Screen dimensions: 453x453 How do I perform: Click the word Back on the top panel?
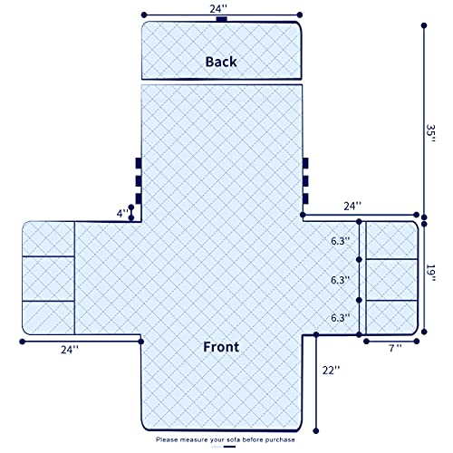coord(221,62)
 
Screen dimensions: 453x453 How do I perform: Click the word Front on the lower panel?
coord(221,347)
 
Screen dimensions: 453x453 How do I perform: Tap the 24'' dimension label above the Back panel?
coord(218,9)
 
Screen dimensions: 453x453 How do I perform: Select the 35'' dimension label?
coord(430,133)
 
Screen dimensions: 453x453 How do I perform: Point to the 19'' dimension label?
coord(430,273)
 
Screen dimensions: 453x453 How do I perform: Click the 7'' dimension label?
coord(395,348)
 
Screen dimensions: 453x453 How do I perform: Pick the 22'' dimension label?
coord(331,371)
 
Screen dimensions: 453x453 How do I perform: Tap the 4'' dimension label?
coord(122,214)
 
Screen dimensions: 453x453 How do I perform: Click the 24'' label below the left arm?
coord(70,350)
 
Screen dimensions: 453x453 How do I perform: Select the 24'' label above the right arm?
coord(352,207)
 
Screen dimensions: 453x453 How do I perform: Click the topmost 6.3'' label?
coord(341,241)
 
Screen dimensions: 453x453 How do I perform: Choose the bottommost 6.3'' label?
coord(341,318)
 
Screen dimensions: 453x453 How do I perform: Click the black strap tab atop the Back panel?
coord(222,19)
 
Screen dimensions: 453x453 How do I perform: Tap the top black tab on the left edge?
coord(139,163)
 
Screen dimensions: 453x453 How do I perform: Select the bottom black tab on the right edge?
coord(305,198)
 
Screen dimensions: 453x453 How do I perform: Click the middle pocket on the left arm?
coord(48,278)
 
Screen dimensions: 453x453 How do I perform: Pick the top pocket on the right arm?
coord(391,240)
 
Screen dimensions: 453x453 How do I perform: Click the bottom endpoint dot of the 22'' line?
coord(316,431)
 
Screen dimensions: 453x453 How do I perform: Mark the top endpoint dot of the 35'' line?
coord(424,25)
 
